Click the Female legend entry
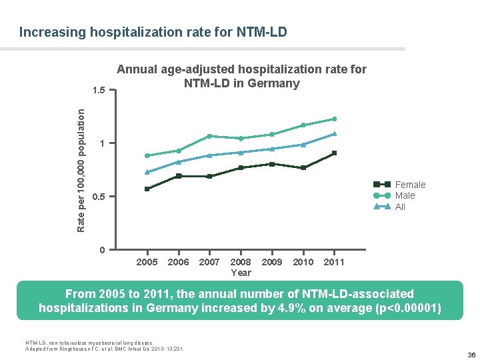click(x=410, y=185)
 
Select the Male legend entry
click(x=405, y=195)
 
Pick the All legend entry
click(x=400, y=207)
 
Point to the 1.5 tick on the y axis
click(x=99, y=90)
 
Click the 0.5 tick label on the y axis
click(x=99, y=197)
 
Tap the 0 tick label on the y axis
click(x=101, y=250)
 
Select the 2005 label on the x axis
click(x=147, y=262)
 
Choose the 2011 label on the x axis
click(x=333, y=262)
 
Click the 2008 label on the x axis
click(x=241, y=262)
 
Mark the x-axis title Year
click(x=241, y=273)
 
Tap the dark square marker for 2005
click(x=147, y=189)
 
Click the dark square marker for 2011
click(x=334, y=153)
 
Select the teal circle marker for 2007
click(x=209, y=136)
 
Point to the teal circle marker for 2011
click(x=334, y=119)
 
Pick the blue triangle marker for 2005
click(x=147, y=172)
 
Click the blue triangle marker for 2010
click(x=303, y=144)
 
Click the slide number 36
click(x=471, y=355)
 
